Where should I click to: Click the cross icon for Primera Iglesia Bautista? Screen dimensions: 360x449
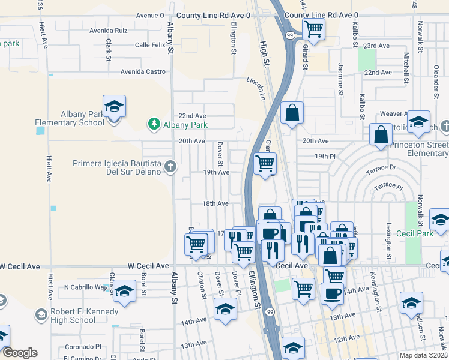170,167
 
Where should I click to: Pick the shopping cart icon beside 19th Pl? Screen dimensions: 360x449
265,163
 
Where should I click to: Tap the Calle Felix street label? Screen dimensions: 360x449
150,45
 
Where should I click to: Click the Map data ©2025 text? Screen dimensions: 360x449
423,355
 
